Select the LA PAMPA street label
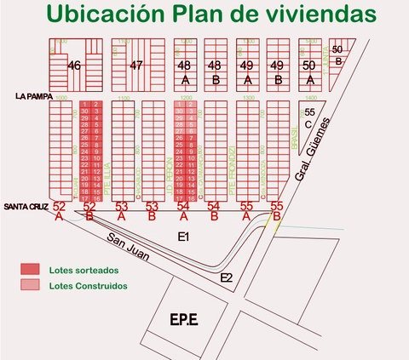pyautogui.click(x=33, y=97)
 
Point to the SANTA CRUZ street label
pyautogui.click(x=25, y=207)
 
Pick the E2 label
pyautogui.click(x=226, y=277)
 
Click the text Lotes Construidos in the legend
pyautogui.click(x=89, y=286)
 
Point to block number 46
pyautogui.click(x=75, y=66)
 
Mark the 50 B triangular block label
pyautogui.click(x=337, y=54)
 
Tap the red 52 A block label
pyautogui.click(x=59, y=211)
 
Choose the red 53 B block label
pyautogui.click(x=153, y=211)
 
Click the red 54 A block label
pyautogui.click(x=183, y=211)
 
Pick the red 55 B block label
pyautogui.click(x=276, y=211)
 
